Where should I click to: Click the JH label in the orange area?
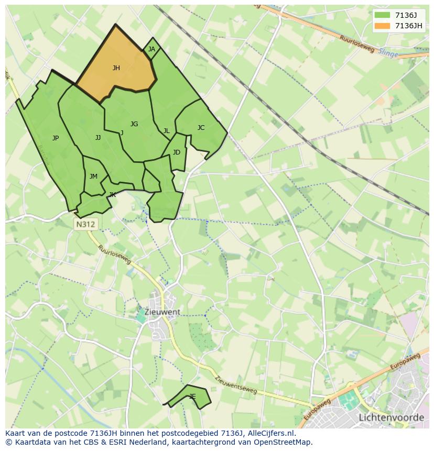[x=116, y=68]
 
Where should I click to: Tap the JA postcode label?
[x=151, y=49]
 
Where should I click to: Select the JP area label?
[x=56, y=138]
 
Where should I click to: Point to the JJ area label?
[x=98, y=138]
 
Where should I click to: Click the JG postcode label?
[x=134, y=124]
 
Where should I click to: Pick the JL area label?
[x=166, y=131]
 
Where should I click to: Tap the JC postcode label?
[x=201, y=128]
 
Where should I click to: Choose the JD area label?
[x=176, y=152]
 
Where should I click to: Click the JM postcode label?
[x=93, y=177]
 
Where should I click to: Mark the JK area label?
[x=112, y=195]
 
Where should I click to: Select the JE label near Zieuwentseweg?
[x=192, y=397]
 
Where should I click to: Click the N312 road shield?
[x=85, y=224]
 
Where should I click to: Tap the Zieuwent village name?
[x=162, y=312]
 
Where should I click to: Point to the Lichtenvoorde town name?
[x=392, y=417]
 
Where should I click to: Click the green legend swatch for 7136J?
[x=383, y=15]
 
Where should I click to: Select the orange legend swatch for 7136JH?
[x=383, y=26]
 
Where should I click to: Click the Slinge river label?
[x=387, y=53]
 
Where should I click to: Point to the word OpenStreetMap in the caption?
[x=284, y=442]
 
